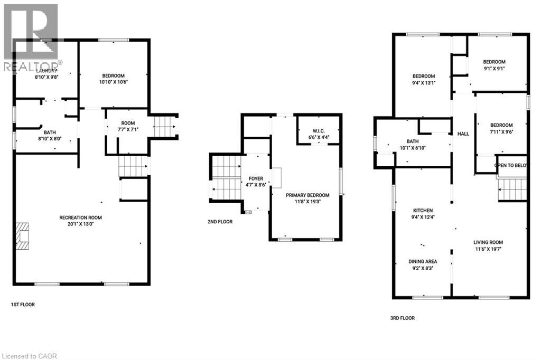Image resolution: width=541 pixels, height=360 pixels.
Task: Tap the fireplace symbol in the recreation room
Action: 21,236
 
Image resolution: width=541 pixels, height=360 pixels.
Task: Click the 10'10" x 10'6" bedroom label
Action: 114,78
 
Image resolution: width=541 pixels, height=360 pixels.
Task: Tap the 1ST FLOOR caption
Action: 23,305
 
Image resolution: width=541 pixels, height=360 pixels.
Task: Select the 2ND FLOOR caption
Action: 220,222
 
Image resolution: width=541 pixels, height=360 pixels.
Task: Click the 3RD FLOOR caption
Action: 402,318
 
